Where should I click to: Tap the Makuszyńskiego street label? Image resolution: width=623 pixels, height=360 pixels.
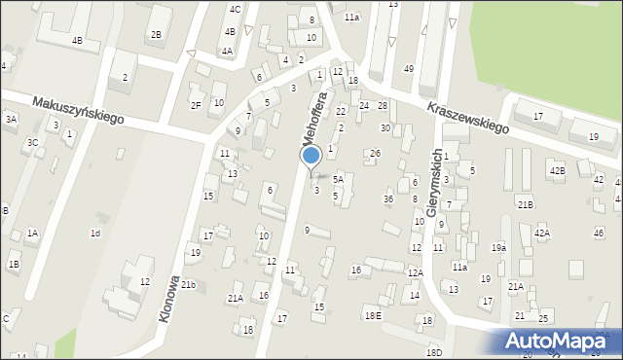tap(77, 109)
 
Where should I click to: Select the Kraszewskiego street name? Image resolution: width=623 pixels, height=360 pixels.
tap(465, 117)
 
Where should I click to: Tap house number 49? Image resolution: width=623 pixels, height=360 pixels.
tap(409, 68)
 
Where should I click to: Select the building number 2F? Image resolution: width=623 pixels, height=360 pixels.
tap(196, 105)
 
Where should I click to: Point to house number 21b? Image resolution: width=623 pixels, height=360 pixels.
tap(188, 284)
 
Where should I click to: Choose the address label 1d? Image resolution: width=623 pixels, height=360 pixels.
tap(95, 233)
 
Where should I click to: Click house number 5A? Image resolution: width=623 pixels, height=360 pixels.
tap(339, 179)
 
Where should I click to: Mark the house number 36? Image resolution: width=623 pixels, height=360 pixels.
tap(388, 199)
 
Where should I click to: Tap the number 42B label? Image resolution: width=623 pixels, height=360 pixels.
tap(557, 171)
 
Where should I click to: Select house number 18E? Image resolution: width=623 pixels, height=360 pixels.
tap(373, 315)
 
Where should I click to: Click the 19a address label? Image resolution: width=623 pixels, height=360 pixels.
tap(498, 248)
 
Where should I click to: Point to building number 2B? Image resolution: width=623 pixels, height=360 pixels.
tap(156, 35)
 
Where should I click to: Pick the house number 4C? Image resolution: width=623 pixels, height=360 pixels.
tap(235, 9)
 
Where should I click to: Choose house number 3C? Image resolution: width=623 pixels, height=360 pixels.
tap(32, 142)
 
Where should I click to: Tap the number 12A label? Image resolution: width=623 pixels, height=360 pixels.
tap(415, 273)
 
